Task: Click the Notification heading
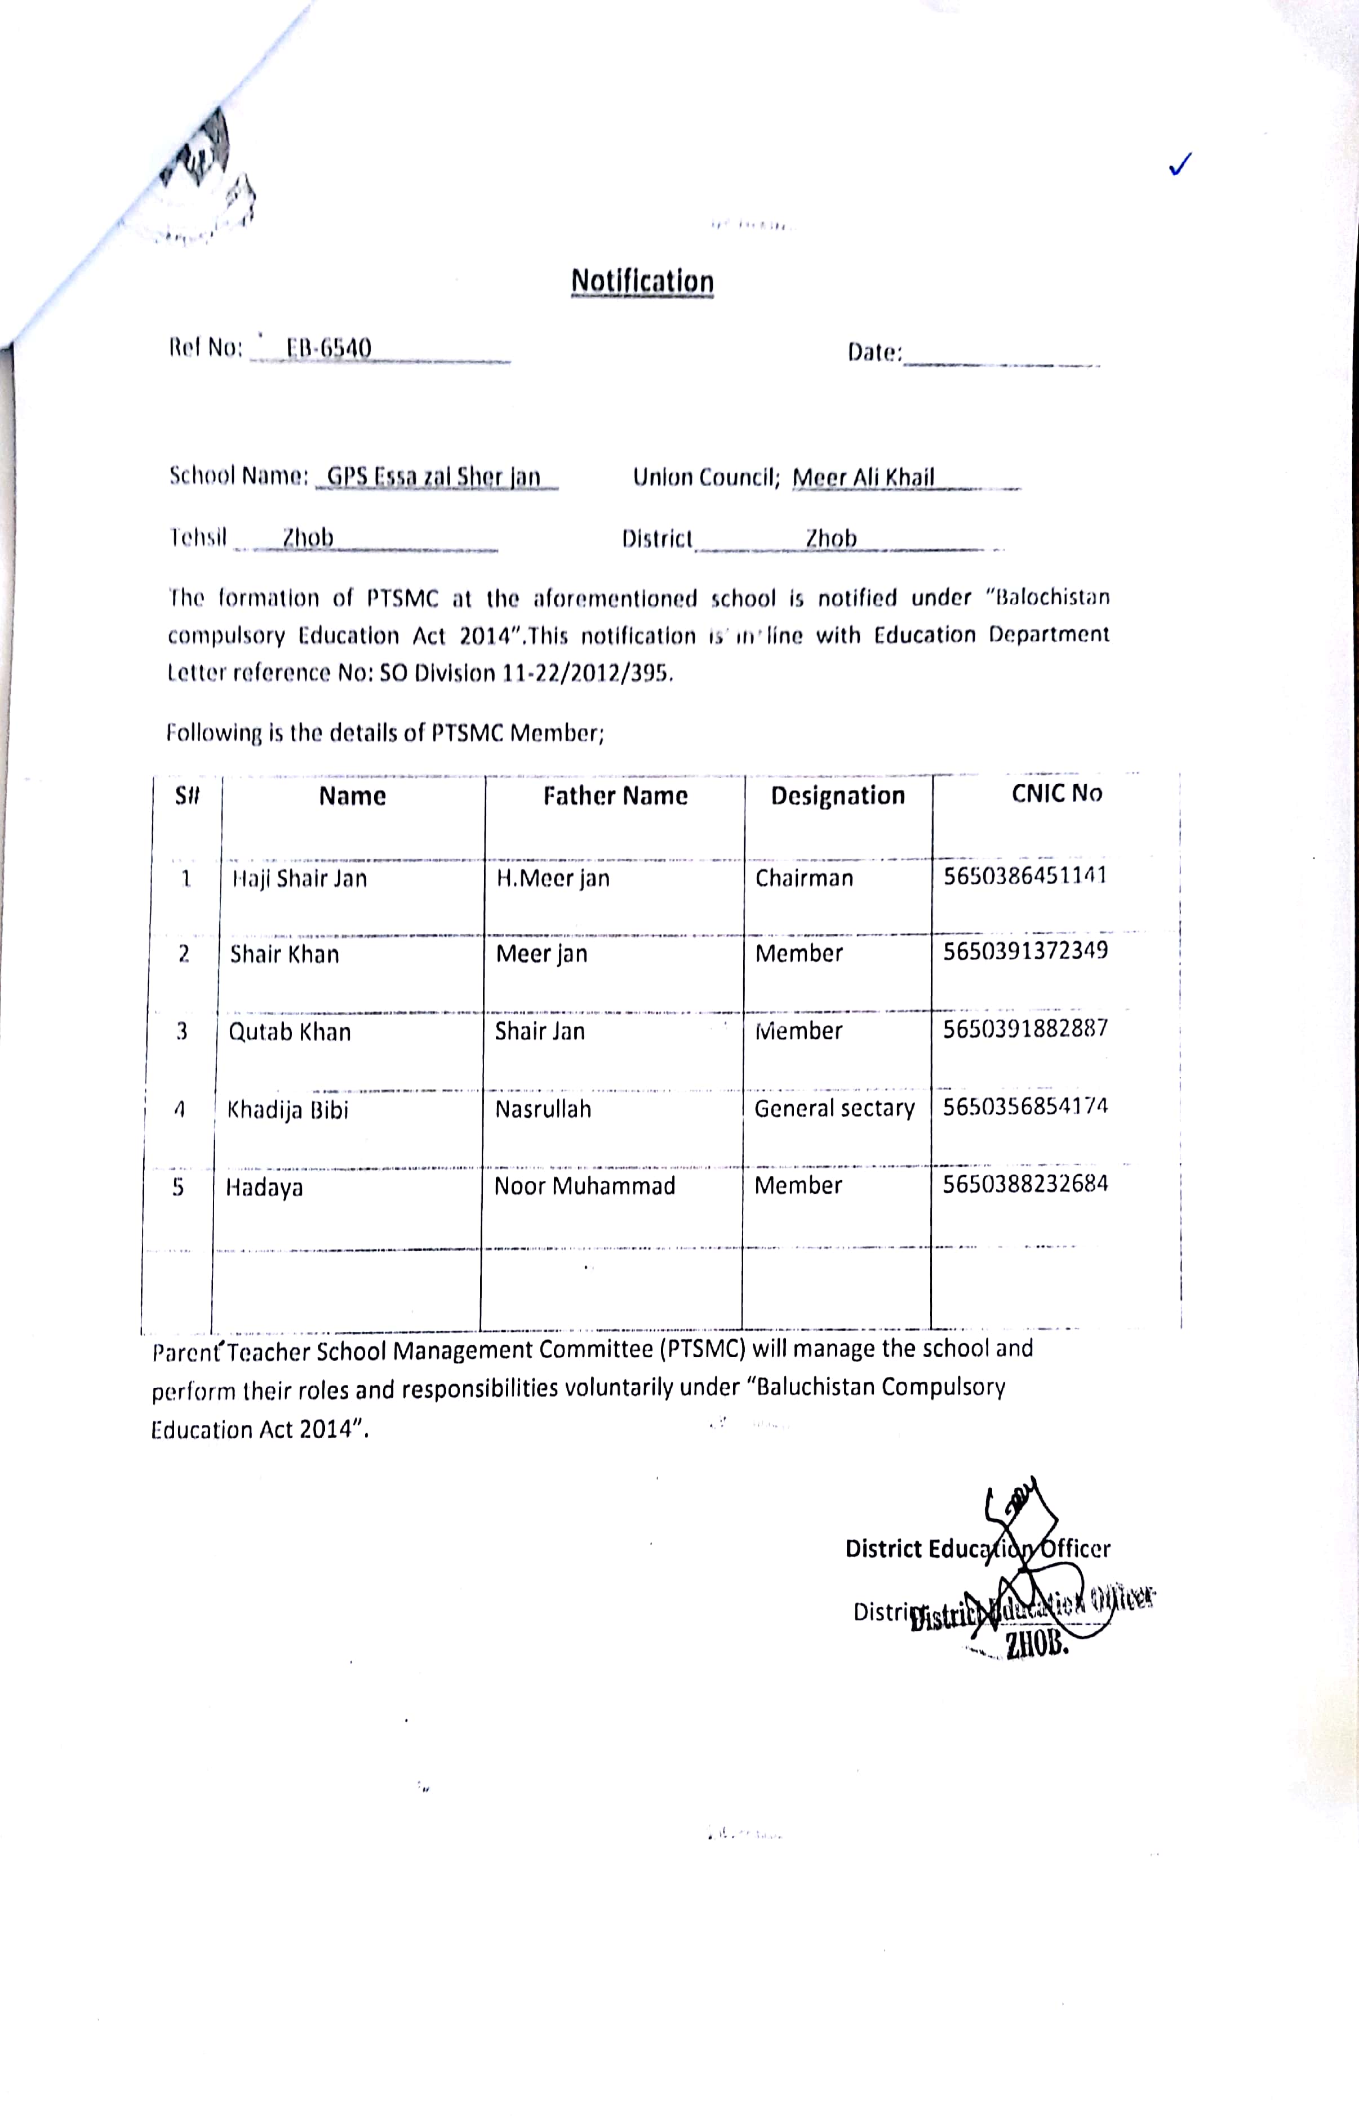click(x=642, y=282)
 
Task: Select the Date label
click(x=874, y=352)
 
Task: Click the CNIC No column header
click(x=1056, y=793)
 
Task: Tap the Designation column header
click(x=837, y=796)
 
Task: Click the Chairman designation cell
click(x=804, y=878)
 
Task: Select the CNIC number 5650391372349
click(x=1024, y=951)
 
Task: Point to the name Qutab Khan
click(x=290, y=1032)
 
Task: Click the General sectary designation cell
click(x=834, y=1108)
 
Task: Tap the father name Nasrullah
click(x=543, y=1109)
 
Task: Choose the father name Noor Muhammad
click(x=584, y=1186)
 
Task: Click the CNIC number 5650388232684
click(x=1024, y=1183)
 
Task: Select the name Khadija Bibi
click(x=288, y=1110)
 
